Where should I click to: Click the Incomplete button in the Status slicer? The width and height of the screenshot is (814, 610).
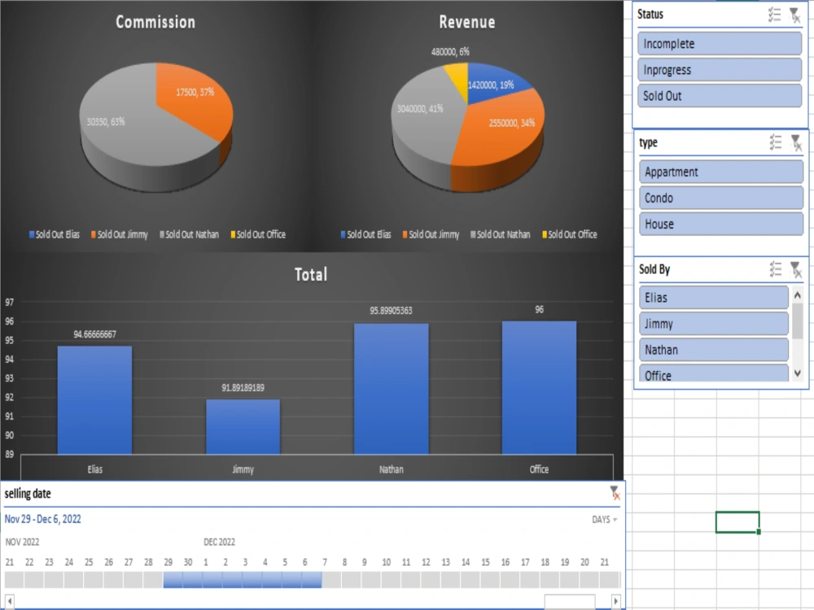point(720,44)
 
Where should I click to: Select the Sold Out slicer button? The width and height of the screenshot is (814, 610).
point(720,95)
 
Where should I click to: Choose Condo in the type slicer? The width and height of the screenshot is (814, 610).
point(721,198)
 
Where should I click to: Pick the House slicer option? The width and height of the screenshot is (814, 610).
point(721,224)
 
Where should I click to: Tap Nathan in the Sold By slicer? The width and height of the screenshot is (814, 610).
point(714,350)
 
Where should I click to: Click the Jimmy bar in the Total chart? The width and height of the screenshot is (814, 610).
point(243,427)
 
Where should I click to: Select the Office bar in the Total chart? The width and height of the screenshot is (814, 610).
point(539,388)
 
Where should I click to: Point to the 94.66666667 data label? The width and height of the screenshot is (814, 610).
point(95,334)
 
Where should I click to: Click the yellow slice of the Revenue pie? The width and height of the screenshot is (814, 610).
point(457,81)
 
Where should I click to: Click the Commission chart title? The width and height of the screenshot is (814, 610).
point(155,22)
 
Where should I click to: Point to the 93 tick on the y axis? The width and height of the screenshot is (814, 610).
point(9,378)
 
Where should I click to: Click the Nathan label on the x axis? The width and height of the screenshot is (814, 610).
point(391,469)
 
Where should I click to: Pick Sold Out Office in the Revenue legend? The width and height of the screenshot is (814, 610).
point(570,234)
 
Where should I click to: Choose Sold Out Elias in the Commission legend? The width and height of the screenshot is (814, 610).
point(55,234)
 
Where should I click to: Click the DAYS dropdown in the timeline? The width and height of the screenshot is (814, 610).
point(604,519)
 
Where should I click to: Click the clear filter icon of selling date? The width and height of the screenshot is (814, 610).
point(615,494)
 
